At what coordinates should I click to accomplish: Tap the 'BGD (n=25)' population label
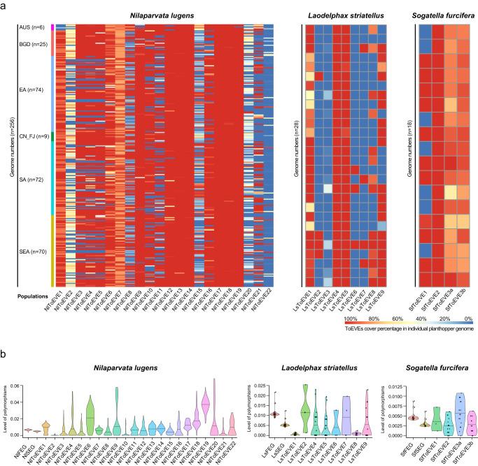[34, 43]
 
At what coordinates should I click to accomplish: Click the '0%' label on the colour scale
[467, 318]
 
